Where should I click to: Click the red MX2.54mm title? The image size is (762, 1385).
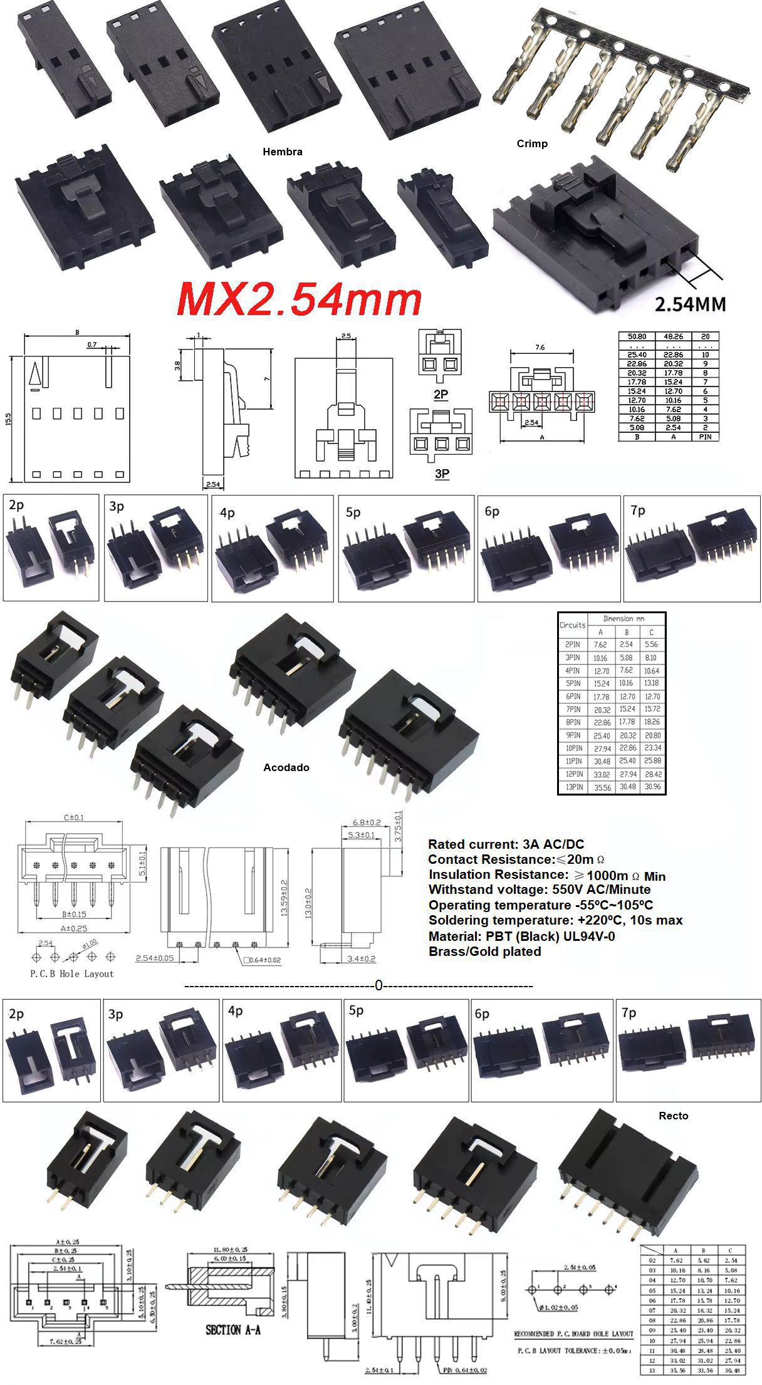point(300,299)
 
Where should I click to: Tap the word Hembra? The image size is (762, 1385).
point(282,152)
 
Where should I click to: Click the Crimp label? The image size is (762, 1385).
point(532,143)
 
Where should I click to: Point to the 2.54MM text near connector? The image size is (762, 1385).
point(690,304)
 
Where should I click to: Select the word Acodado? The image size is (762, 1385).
point(286,767)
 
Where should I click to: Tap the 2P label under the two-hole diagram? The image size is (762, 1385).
point(441,394)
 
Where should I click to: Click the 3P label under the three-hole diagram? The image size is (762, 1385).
point(442,474)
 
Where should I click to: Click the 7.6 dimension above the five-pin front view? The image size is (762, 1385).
point(540,347)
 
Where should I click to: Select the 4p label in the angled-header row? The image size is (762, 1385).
point(227,512)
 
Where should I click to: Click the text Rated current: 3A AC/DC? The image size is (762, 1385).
point(506,844)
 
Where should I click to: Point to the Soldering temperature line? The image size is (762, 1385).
point(555,920)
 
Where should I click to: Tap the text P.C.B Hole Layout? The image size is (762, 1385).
point(72,973)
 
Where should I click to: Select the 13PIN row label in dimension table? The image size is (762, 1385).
point(573,787)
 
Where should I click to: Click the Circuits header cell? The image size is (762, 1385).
point(571,625)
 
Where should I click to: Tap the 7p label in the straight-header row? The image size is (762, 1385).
point(629,1013)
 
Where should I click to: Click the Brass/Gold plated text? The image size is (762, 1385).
point(484,951)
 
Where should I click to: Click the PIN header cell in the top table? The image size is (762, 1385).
point(705,437)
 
